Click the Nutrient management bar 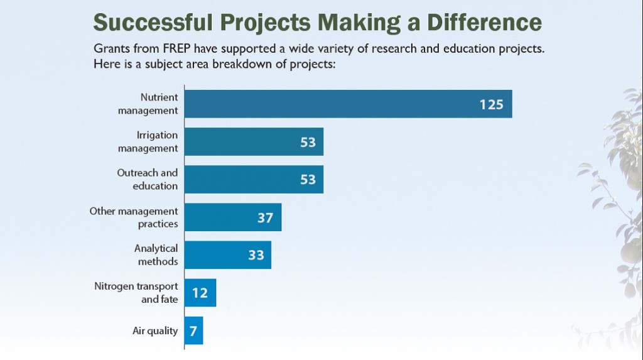coord(348,104)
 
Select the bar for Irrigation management coord(254,141)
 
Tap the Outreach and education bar coord(254,180)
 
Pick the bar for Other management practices coord(233,217)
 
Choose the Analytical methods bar coord(227,255)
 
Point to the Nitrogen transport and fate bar coord(200,293)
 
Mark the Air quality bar coord(193,330)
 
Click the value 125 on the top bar coord(491,105)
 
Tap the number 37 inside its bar coord(266,217)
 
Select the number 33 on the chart coord(256,255)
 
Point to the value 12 coord(200,293)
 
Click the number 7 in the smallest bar coord(193,331)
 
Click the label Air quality coord(155,331)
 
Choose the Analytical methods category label coord(156,255)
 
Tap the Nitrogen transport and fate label coord(136,293)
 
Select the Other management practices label coord(134,217)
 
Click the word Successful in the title coord(153,22)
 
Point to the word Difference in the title coord(484,22)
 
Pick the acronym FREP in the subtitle coord(176,48)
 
